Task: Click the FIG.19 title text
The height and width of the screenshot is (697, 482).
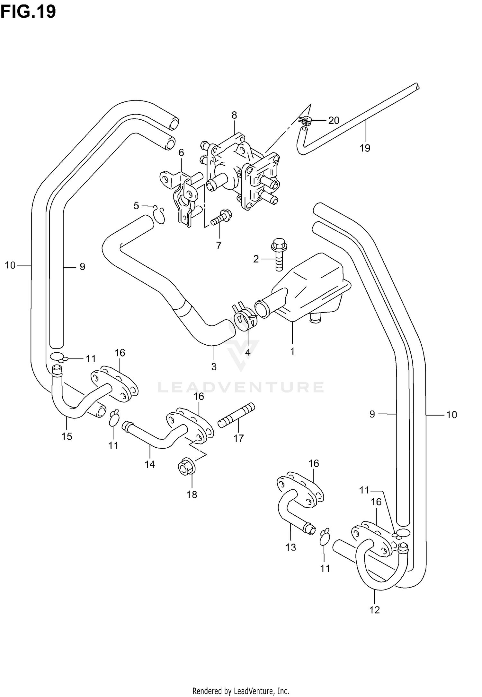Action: point(28,12)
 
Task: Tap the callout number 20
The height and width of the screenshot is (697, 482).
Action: point(334,120)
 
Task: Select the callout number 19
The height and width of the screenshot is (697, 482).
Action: point(365,148)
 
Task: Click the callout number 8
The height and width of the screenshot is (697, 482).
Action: point(234,115)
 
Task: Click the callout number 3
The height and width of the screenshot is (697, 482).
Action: point(214,366)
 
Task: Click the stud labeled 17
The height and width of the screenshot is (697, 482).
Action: point(236,415)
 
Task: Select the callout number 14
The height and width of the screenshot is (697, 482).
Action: point(150,464)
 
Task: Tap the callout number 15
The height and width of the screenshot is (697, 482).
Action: point(67,436)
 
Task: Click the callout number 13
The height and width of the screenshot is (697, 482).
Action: point(291,547)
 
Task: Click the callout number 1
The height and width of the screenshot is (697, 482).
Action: point(292,351)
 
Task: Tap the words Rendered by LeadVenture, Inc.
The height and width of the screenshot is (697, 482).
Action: point(241,688)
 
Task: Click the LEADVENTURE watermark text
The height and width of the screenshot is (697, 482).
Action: point(240,387)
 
